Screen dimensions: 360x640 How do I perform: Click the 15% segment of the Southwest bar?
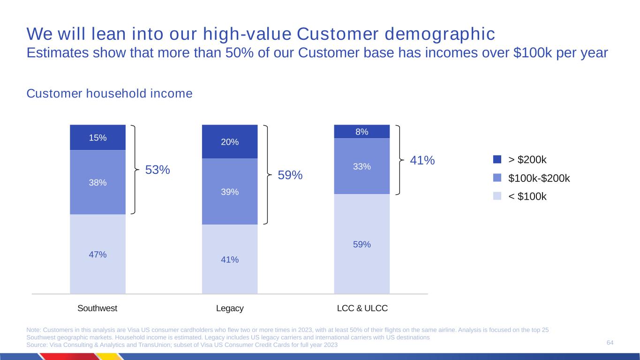click(98, 137)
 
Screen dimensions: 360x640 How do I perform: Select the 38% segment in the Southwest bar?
click(98, 182)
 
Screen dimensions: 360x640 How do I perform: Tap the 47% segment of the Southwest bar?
click(98, 254)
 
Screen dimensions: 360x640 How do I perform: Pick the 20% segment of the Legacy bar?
click(230, 142)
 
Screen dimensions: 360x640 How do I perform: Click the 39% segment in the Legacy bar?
click(230, 192)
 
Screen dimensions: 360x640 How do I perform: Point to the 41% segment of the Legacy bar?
click(230, 259)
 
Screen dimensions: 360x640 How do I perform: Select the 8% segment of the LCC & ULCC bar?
click(361, 132)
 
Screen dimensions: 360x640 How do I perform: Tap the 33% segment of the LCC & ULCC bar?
click(361, 166)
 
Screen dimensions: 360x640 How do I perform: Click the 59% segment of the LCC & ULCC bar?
click(361, 244)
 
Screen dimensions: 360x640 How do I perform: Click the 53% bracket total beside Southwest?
click(157, 170)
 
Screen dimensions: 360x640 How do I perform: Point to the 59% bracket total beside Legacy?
click(290, 175)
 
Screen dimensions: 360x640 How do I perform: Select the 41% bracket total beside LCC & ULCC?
click(422, 160)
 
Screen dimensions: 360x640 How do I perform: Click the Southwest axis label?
click(97, 308)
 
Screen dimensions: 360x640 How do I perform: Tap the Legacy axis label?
click(230, 308)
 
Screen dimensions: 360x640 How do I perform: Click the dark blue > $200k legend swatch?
click(497, 159)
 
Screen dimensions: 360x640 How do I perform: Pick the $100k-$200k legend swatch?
click(497, 178)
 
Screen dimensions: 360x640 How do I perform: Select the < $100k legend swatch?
click(497, 196)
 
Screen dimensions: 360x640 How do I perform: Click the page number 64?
click(610, 343)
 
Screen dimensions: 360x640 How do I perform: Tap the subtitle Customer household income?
click(110, 94)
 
